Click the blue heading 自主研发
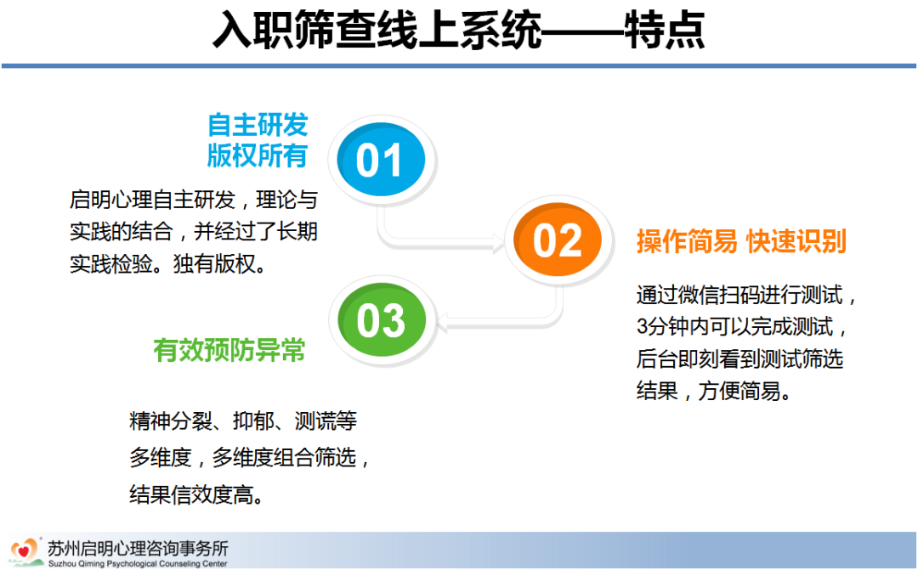pyautogui.click(x=258, y=126)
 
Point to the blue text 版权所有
pyautogui.click(x=258, y=156)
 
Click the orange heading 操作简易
pyautogui.click(x=687, y=242)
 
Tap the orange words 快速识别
pyautogui.click(x=796, y=242)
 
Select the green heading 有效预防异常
pyautogui.click(x=229, y=350)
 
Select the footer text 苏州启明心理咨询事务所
pyautogui.click(x=138, y=545)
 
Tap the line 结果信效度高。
pyautogui.click(x=195, y=496)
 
